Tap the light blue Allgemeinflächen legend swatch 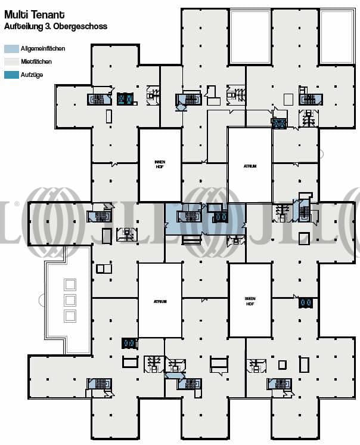(11, 48)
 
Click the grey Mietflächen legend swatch (11, 61)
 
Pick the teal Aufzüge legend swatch (11, 75)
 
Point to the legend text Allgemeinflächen (42, 48)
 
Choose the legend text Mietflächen (36, 61)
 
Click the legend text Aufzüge (32, 75)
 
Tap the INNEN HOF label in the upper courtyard (160, 164)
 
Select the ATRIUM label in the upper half (250, 166)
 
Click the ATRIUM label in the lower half (160, 302)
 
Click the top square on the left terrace (70, 285)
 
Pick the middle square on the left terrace (70, 300)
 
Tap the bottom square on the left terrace (70, 315)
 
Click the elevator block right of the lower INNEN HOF (306, 303)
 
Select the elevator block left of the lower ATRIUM (129, 343)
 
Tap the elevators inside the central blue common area (221, 217)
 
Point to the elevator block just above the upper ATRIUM (279, 123)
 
